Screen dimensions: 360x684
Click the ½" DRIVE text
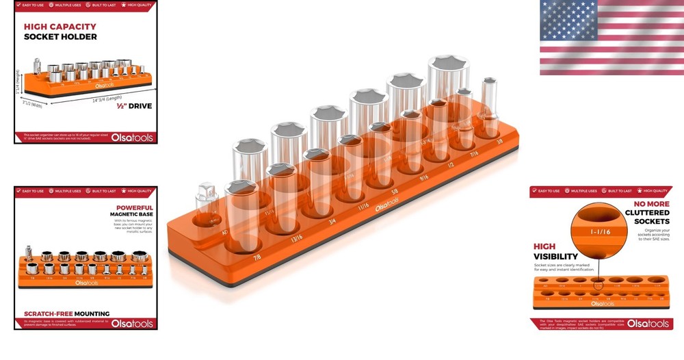coord(134,107)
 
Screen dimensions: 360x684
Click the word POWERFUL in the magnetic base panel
coord(134,207)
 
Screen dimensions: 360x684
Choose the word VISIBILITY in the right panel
coord(557,257)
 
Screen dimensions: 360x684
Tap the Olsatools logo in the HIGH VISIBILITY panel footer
coord(645,323)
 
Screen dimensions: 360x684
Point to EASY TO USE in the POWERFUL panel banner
coord(31,191)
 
